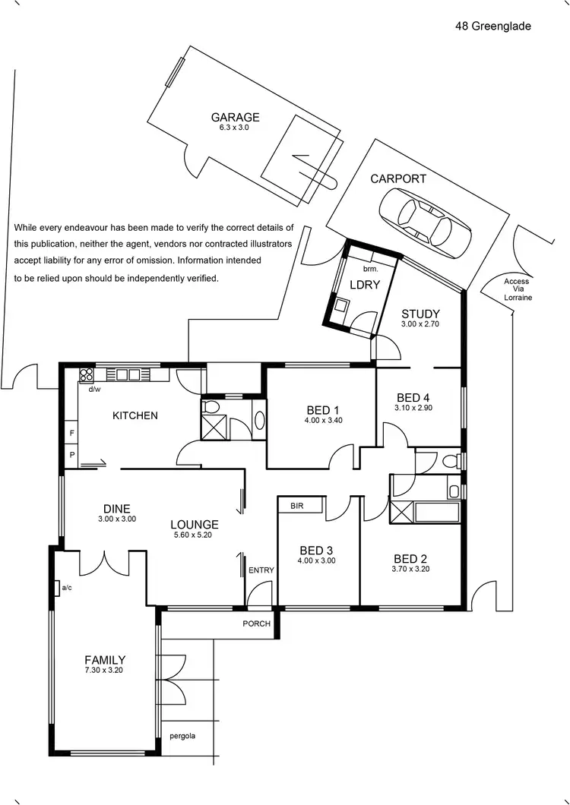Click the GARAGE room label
(235, 118)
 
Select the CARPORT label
(398, 179)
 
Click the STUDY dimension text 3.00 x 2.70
(420, 324)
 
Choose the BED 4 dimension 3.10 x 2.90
(413, 408)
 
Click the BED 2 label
(410, 559)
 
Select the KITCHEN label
(135, 415)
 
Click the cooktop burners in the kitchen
(86, 374)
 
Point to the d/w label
(95, 390)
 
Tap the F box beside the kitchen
(71, 433)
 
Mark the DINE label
(117, 509)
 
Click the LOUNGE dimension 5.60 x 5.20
(194, 535)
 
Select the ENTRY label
(261, 570)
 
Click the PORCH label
(257, 623)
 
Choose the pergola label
(182, 735)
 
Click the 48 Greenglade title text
(493, 26)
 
